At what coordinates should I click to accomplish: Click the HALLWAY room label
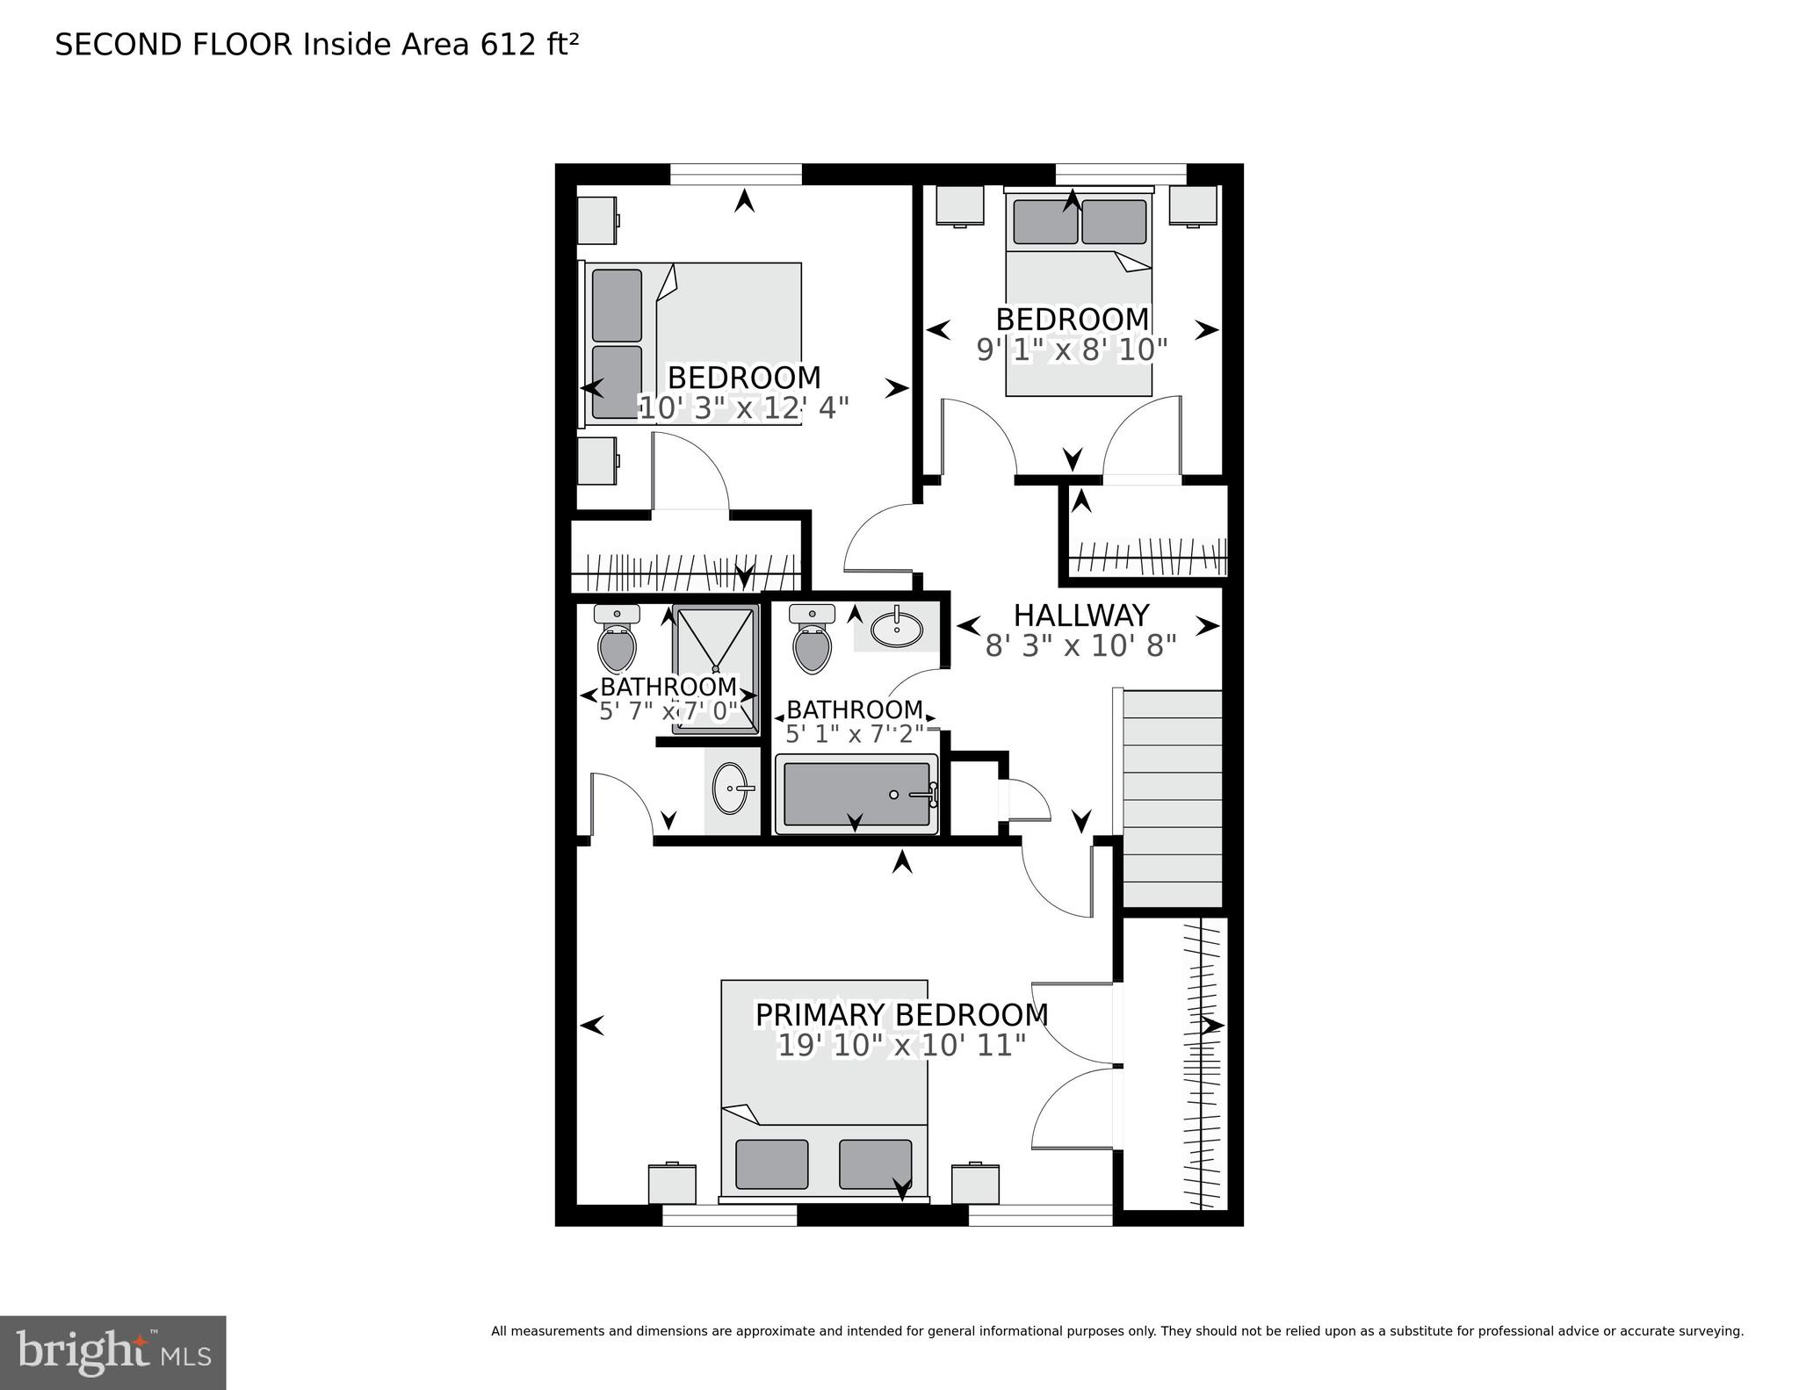coord(1080,615)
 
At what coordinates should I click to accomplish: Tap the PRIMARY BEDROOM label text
coord(901,1014)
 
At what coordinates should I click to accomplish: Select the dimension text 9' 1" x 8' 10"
coord(1072,350)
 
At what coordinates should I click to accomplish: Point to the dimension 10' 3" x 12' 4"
coord(743,408)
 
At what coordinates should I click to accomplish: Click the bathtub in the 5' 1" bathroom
coord(856,794)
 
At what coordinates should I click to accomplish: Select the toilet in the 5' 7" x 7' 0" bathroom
coord(617,644)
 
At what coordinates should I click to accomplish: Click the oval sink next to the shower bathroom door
coord(731,788)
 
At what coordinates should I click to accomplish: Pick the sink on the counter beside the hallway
coord(896,628)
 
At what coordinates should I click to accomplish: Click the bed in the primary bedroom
coord(824,1089)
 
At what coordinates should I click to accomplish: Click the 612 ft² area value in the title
coord(529,44)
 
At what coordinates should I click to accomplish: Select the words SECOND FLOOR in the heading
coord(173,44)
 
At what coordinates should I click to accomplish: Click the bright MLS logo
coord(112,1351)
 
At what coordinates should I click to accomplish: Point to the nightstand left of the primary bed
coord(672,1183)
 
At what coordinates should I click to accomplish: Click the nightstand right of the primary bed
coord(975,1183)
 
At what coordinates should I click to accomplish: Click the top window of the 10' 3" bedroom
coord(736,174)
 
